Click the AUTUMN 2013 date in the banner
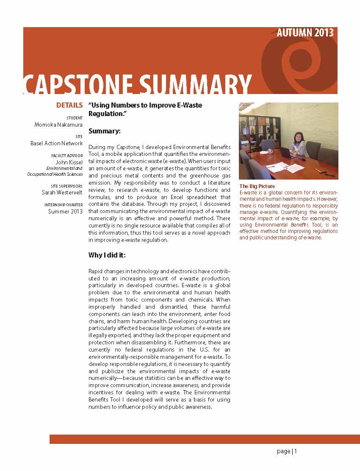305,33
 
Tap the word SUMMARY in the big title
195,84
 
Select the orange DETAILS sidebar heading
69,105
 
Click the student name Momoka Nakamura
58,125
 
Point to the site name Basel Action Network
56,143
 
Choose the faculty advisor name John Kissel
69,162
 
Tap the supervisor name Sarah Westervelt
62,192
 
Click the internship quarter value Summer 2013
65,211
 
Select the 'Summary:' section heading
104,131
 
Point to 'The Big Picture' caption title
257,186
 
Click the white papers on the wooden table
284,167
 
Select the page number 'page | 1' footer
287,452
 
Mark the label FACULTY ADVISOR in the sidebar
67,156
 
